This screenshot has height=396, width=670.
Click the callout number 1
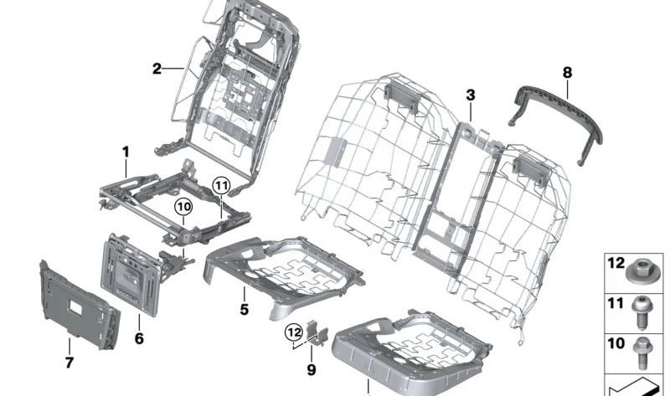coord(126,152)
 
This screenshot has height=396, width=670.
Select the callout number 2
coord(157,69)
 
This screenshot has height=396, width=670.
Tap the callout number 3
coord(471,95)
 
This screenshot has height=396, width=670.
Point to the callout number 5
coord(244,309)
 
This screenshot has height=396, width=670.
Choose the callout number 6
coord(139,338)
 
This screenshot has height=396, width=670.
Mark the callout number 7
coord(69,363)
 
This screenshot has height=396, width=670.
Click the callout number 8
coord(568,74)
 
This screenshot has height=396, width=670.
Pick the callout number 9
coord(311,368)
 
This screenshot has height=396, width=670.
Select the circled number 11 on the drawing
coord(219,185)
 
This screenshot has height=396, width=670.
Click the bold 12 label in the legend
coord(616,263)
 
